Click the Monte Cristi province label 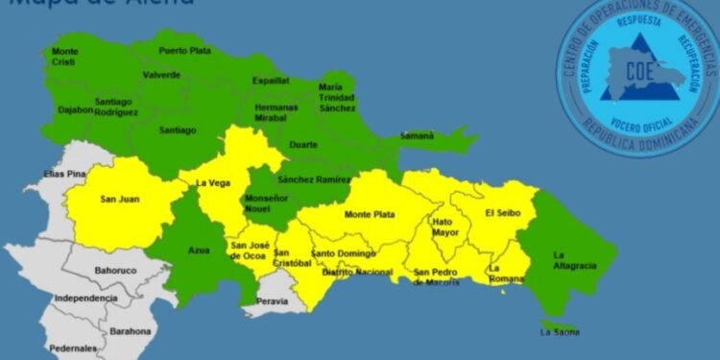tap(66, 57)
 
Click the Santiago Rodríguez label tap(117, 107)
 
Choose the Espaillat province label tap(272, 82)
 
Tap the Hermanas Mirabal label tap(276, 112)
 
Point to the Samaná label tap(417, 135)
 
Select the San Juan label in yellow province tap(121, 199)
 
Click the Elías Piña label tap(65, 174)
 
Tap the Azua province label tap(199, 250)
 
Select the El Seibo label tap(502, 212)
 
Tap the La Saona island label tap(560, 332)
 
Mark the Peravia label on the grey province tap(274, 300)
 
